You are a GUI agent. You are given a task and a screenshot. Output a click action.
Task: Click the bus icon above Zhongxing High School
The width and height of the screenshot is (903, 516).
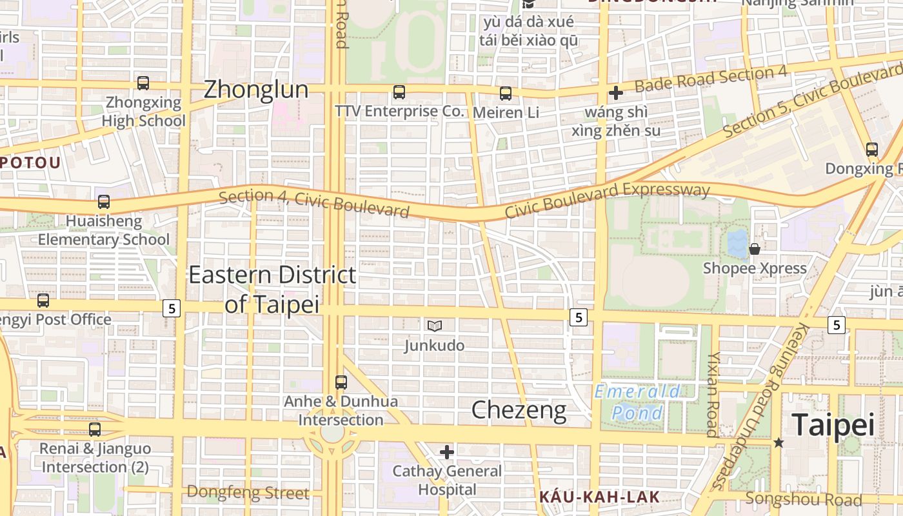143,83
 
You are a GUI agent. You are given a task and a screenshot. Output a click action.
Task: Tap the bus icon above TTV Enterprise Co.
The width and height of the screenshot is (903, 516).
399,92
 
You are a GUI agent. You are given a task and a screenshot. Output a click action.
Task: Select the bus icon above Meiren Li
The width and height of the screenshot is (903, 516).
506,94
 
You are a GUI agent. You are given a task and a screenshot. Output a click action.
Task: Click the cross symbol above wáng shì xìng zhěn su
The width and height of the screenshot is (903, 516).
616,93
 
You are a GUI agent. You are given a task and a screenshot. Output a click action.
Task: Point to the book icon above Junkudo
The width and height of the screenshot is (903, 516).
435,326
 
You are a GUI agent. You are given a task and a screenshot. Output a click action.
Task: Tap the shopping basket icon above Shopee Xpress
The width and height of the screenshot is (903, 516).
754,248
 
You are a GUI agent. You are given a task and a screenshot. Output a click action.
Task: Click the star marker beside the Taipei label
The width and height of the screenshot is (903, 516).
779,442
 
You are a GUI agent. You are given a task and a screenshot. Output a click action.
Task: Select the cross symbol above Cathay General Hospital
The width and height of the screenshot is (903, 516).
447,452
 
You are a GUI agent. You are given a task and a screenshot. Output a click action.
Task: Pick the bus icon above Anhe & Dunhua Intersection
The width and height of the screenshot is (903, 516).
341,382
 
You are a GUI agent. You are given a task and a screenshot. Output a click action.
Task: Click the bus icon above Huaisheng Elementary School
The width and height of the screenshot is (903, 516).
104,201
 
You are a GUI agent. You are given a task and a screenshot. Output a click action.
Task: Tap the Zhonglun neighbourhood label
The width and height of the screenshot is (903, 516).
256,90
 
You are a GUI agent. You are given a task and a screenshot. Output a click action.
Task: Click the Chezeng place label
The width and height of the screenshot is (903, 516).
519,410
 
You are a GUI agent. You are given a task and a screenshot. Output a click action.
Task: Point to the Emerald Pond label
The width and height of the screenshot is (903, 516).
637,402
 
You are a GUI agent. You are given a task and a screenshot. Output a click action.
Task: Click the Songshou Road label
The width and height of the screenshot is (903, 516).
803,499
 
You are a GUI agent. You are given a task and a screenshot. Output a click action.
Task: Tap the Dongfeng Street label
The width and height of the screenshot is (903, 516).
248,493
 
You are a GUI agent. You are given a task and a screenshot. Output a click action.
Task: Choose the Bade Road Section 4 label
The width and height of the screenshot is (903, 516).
711,79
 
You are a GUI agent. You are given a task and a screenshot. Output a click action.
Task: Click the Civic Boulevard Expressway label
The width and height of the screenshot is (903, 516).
607,199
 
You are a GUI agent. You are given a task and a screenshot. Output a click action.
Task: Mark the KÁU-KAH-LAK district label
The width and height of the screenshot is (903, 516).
599,497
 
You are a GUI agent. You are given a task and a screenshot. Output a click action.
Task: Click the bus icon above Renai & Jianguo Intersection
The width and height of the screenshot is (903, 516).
95,429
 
